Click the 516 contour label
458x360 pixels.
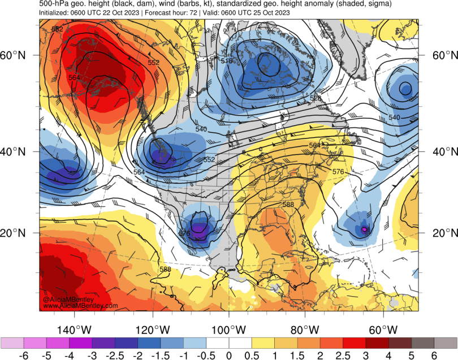(x=227, y=60)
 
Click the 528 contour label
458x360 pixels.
(x=315, y=98)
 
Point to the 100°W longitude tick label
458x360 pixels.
(x=229, y=330)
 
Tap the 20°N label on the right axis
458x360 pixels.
(x=444, y=233)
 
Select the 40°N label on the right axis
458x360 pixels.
(x=444, y=151)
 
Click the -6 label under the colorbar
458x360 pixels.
(x=23, y=356)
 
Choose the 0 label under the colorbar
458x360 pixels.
(x=229, y=356)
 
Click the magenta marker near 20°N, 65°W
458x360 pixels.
(x=365, y=229)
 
